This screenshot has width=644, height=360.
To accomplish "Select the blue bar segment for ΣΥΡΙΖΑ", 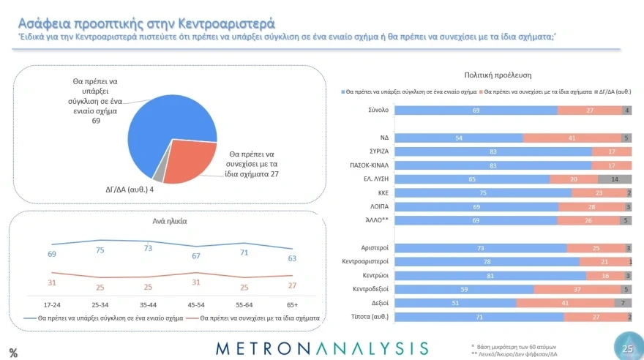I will click(493, 151).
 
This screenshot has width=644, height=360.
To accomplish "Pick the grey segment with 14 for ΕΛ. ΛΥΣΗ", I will click(614, 179).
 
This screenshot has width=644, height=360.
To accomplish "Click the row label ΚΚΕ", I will click(381, 193).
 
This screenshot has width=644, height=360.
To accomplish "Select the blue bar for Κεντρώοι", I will click(491, 275).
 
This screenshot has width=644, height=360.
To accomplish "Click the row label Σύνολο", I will click(378, 110).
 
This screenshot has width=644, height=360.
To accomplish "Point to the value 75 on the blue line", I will click(101, 250).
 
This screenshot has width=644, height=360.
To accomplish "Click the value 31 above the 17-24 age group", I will click(51, 283).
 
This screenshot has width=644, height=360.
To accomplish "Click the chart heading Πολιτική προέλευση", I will click(498, 75).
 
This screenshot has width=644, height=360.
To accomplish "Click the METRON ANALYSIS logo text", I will click(322, 348).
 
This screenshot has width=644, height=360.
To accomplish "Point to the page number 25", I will click(626, 349).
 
